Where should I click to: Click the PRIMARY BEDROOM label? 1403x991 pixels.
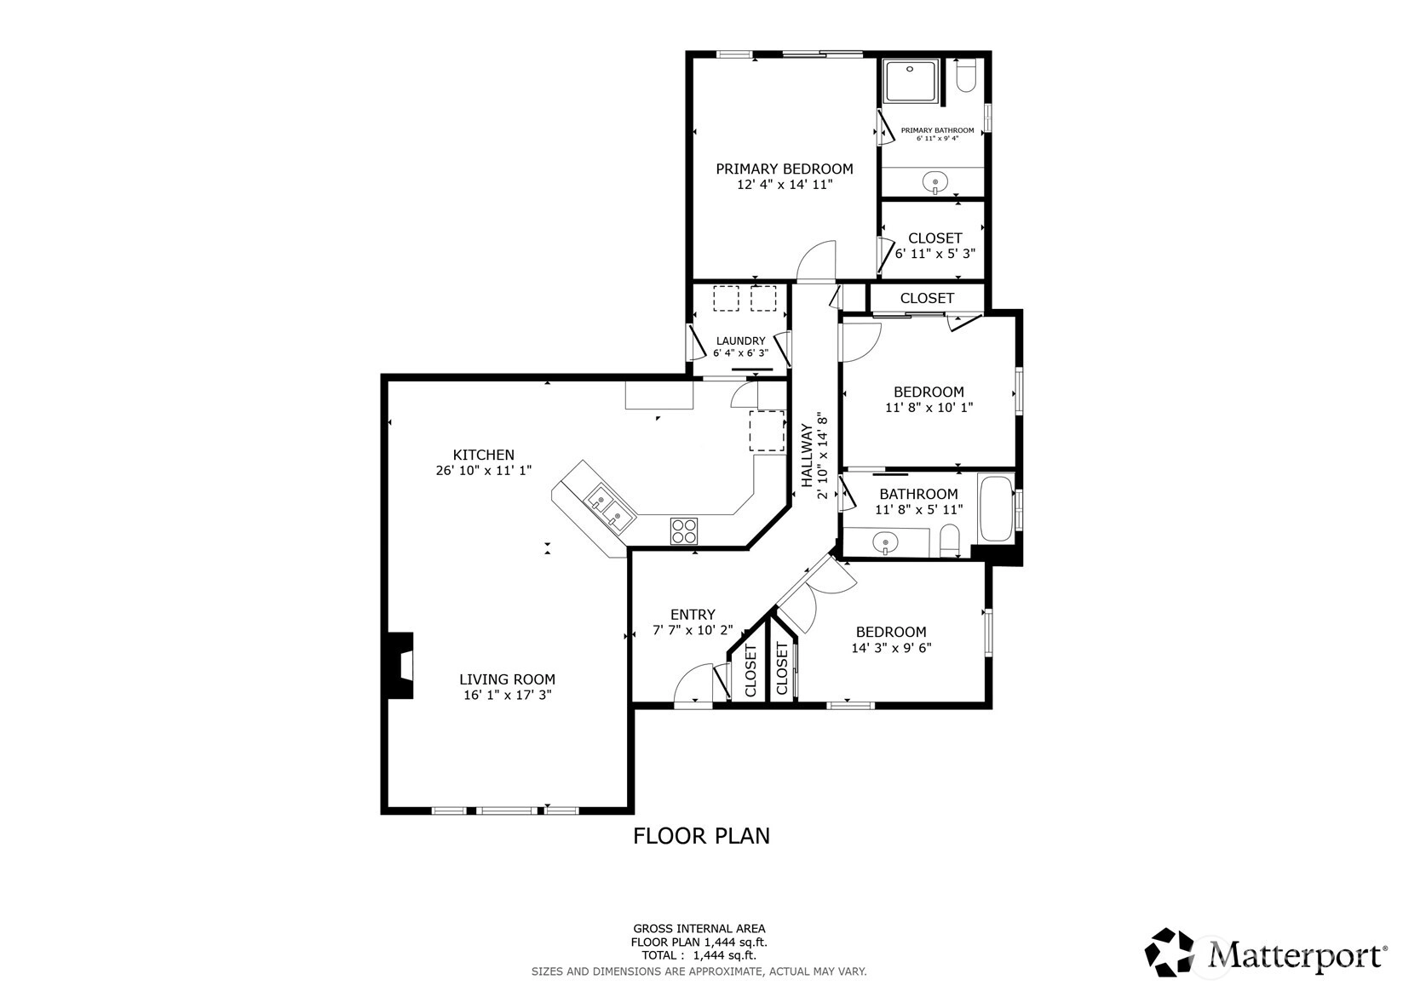[x=785, y=169]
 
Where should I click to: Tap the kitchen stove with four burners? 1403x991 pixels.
[x=683, y=531]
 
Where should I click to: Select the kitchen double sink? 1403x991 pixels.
[x=610, y=508]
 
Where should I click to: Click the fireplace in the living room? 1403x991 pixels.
[x=401, y=665]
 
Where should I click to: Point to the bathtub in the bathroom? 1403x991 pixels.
[x=995, y=508]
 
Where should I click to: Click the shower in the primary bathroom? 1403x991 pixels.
[x=911, y=81]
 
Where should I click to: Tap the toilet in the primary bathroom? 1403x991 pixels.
[x=966, y=77]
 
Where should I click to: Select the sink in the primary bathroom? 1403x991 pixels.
[x=935, y=183]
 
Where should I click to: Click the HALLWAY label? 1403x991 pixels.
[x=807, y=455]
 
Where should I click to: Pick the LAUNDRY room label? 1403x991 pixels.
[x=741, y=341]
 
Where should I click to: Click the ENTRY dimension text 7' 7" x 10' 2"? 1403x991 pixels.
[x=693, y=630]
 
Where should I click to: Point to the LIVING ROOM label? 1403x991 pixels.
[x=508, y=679]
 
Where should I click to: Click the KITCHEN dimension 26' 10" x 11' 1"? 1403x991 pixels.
[x=484, y=470]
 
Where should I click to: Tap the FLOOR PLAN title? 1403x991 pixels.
[x=702, y=836]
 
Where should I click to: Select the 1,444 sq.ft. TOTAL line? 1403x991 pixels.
[x=699, y=955]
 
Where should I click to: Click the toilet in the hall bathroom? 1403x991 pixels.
[x=950, y=541]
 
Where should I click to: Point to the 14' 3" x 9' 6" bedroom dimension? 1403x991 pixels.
[x=891, y=647]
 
